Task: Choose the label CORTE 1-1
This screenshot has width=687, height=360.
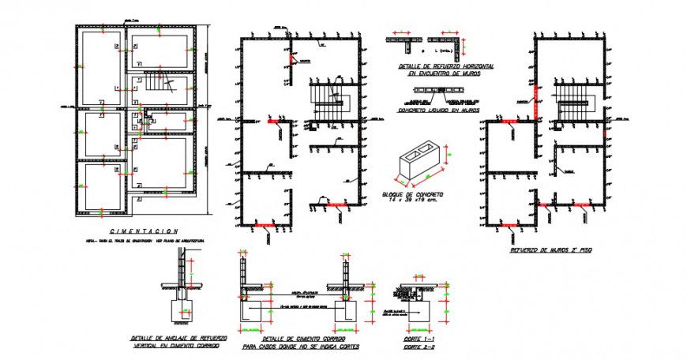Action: pyautogui.click(x=418, y=339)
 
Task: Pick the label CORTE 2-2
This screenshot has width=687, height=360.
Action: pyautogui.click(x=418, y=347)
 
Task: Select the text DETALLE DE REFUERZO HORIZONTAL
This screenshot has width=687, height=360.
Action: pyautogui.click(x=446, y=67)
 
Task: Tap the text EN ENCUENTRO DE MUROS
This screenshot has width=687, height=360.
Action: pyautogui.click(x=446, y=74)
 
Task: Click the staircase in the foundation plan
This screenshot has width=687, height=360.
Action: pyautogui.click(x=158, y=84)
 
